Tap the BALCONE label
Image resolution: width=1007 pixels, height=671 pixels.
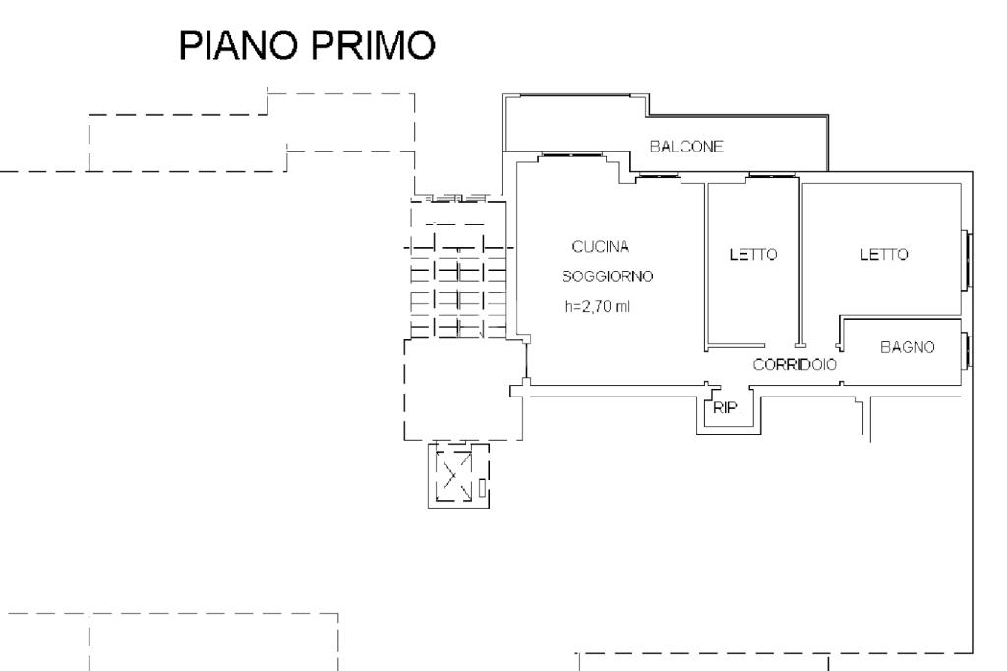coord(686,147)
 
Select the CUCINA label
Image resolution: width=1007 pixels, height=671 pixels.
coord(601,246)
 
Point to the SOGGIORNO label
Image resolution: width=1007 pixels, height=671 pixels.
coord(608,276)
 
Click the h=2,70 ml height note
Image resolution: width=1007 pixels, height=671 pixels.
coord(598,307)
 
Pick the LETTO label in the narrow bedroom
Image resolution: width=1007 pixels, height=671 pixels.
coord(752,255)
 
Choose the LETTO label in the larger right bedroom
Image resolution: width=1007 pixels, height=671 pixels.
coord(884,255)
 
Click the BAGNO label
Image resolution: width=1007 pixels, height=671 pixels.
coord(908,347)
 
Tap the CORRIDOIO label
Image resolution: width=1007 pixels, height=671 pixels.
coord(795,365)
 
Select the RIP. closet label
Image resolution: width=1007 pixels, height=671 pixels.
coord(726,407)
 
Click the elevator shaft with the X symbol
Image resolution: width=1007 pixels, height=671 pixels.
coord(458,475)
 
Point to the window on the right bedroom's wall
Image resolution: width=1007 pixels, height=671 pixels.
coord(968,261)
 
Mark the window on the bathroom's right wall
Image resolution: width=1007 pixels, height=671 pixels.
coord(968,349)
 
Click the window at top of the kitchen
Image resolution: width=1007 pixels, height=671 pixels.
coord(571,154)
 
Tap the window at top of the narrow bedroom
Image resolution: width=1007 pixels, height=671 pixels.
coord(773,175)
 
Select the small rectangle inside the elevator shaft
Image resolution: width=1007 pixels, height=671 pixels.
coord(482,488)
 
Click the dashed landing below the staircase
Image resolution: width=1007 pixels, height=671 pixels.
coord(464,390)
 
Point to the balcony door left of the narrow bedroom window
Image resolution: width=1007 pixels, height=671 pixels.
coord(658,175)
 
